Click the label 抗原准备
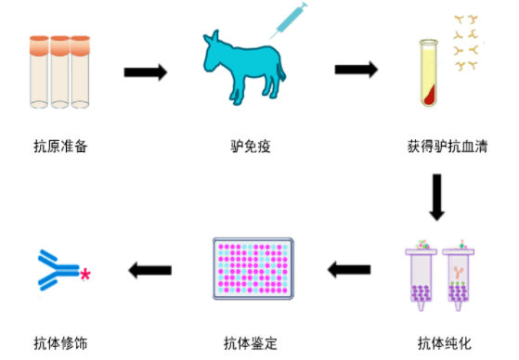[x=60, y=146]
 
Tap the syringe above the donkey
[x=289, y=20]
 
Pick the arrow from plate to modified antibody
[x=150, y=270]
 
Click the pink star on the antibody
[x=86, y=275]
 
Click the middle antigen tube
[x=60, y=70]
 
